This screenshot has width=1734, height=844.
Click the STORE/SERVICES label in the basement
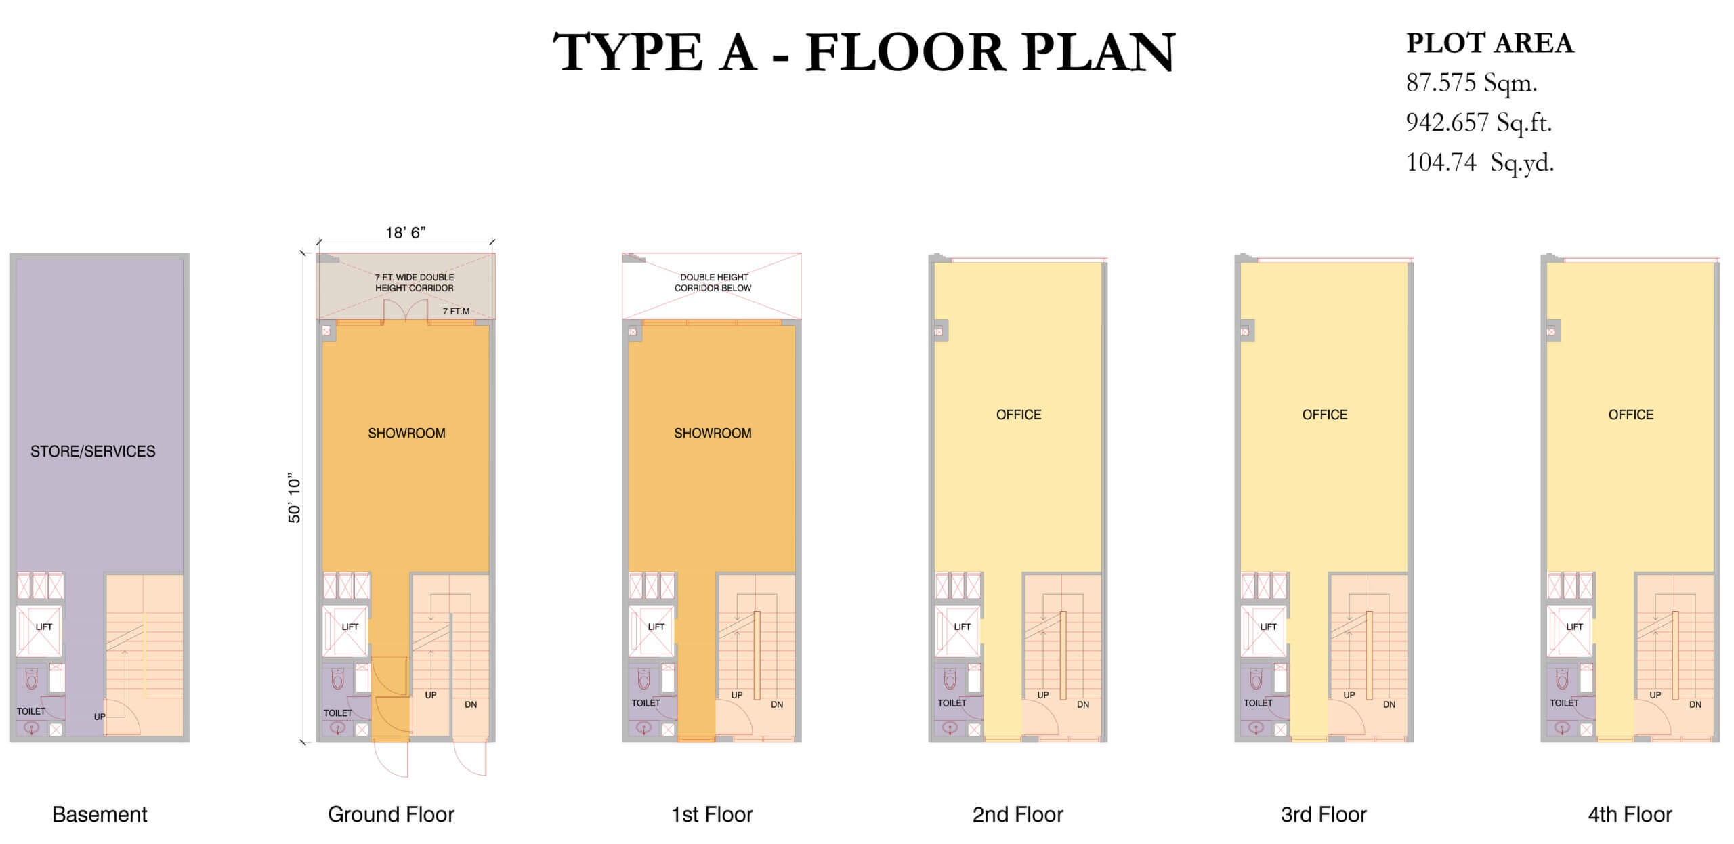[93, 451]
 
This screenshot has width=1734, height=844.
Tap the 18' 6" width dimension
[405, 233]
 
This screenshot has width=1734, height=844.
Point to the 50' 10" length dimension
[294, 499]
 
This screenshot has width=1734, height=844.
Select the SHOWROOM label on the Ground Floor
[406, 433]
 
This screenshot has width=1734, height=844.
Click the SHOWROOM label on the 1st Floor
[713, 433]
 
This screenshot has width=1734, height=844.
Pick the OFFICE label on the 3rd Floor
[1325, 415]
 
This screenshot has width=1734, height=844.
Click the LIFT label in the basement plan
[44, 627]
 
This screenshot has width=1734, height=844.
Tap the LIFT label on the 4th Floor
[1575, 627]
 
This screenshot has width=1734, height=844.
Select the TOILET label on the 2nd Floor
[952, 703]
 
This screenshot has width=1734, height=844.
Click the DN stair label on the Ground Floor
[471, 704]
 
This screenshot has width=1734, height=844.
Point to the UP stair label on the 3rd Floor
[1349, 695]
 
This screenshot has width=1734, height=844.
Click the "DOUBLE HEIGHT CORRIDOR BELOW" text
[713, 282]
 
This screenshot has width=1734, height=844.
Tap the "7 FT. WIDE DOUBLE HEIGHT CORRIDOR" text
[415, 282]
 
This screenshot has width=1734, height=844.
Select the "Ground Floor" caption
[391, 814]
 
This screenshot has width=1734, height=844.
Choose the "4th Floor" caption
[1630, 814]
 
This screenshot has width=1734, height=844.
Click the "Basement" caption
[100, 814]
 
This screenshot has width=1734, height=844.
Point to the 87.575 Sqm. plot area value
[1472, 83]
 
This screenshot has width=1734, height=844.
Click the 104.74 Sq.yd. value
[1480, 163]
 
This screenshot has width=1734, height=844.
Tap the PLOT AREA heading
[1489, 43]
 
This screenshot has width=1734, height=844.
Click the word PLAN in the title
[1099, 52]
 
